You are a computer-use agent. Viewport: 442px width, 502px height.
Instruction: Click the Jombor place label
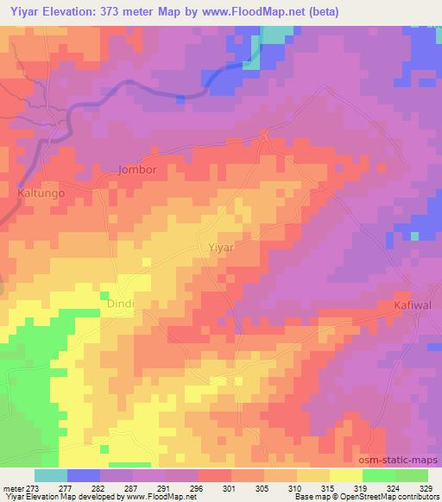pos(137,170)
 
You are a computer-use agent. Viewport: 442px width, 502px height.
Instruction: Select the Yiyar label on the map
pos(222,247)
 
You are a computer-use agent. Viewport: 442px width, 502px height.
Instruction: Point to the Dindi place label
pos(122,304)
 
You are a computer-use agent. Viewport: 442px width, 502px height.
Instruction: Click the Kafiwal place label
pos(410,305)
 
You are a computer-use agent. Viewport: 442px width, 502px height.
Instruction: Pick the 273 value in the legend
pos(34,487)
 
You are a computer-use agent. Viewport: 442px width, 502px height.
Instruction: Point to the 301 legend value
pos(215,487)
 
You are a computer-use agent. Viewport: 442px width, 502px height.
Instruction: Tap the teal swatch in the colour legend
pos(51,475)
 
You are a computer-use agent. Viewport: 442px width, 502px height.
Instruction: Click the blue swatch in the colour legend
pos(84,475)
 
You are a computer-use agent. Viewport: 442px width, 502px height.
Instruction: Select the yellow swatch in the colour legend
pos(345,475)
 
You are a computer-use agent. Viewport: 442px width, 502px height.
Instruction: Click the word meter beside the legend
pos(14,487)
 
